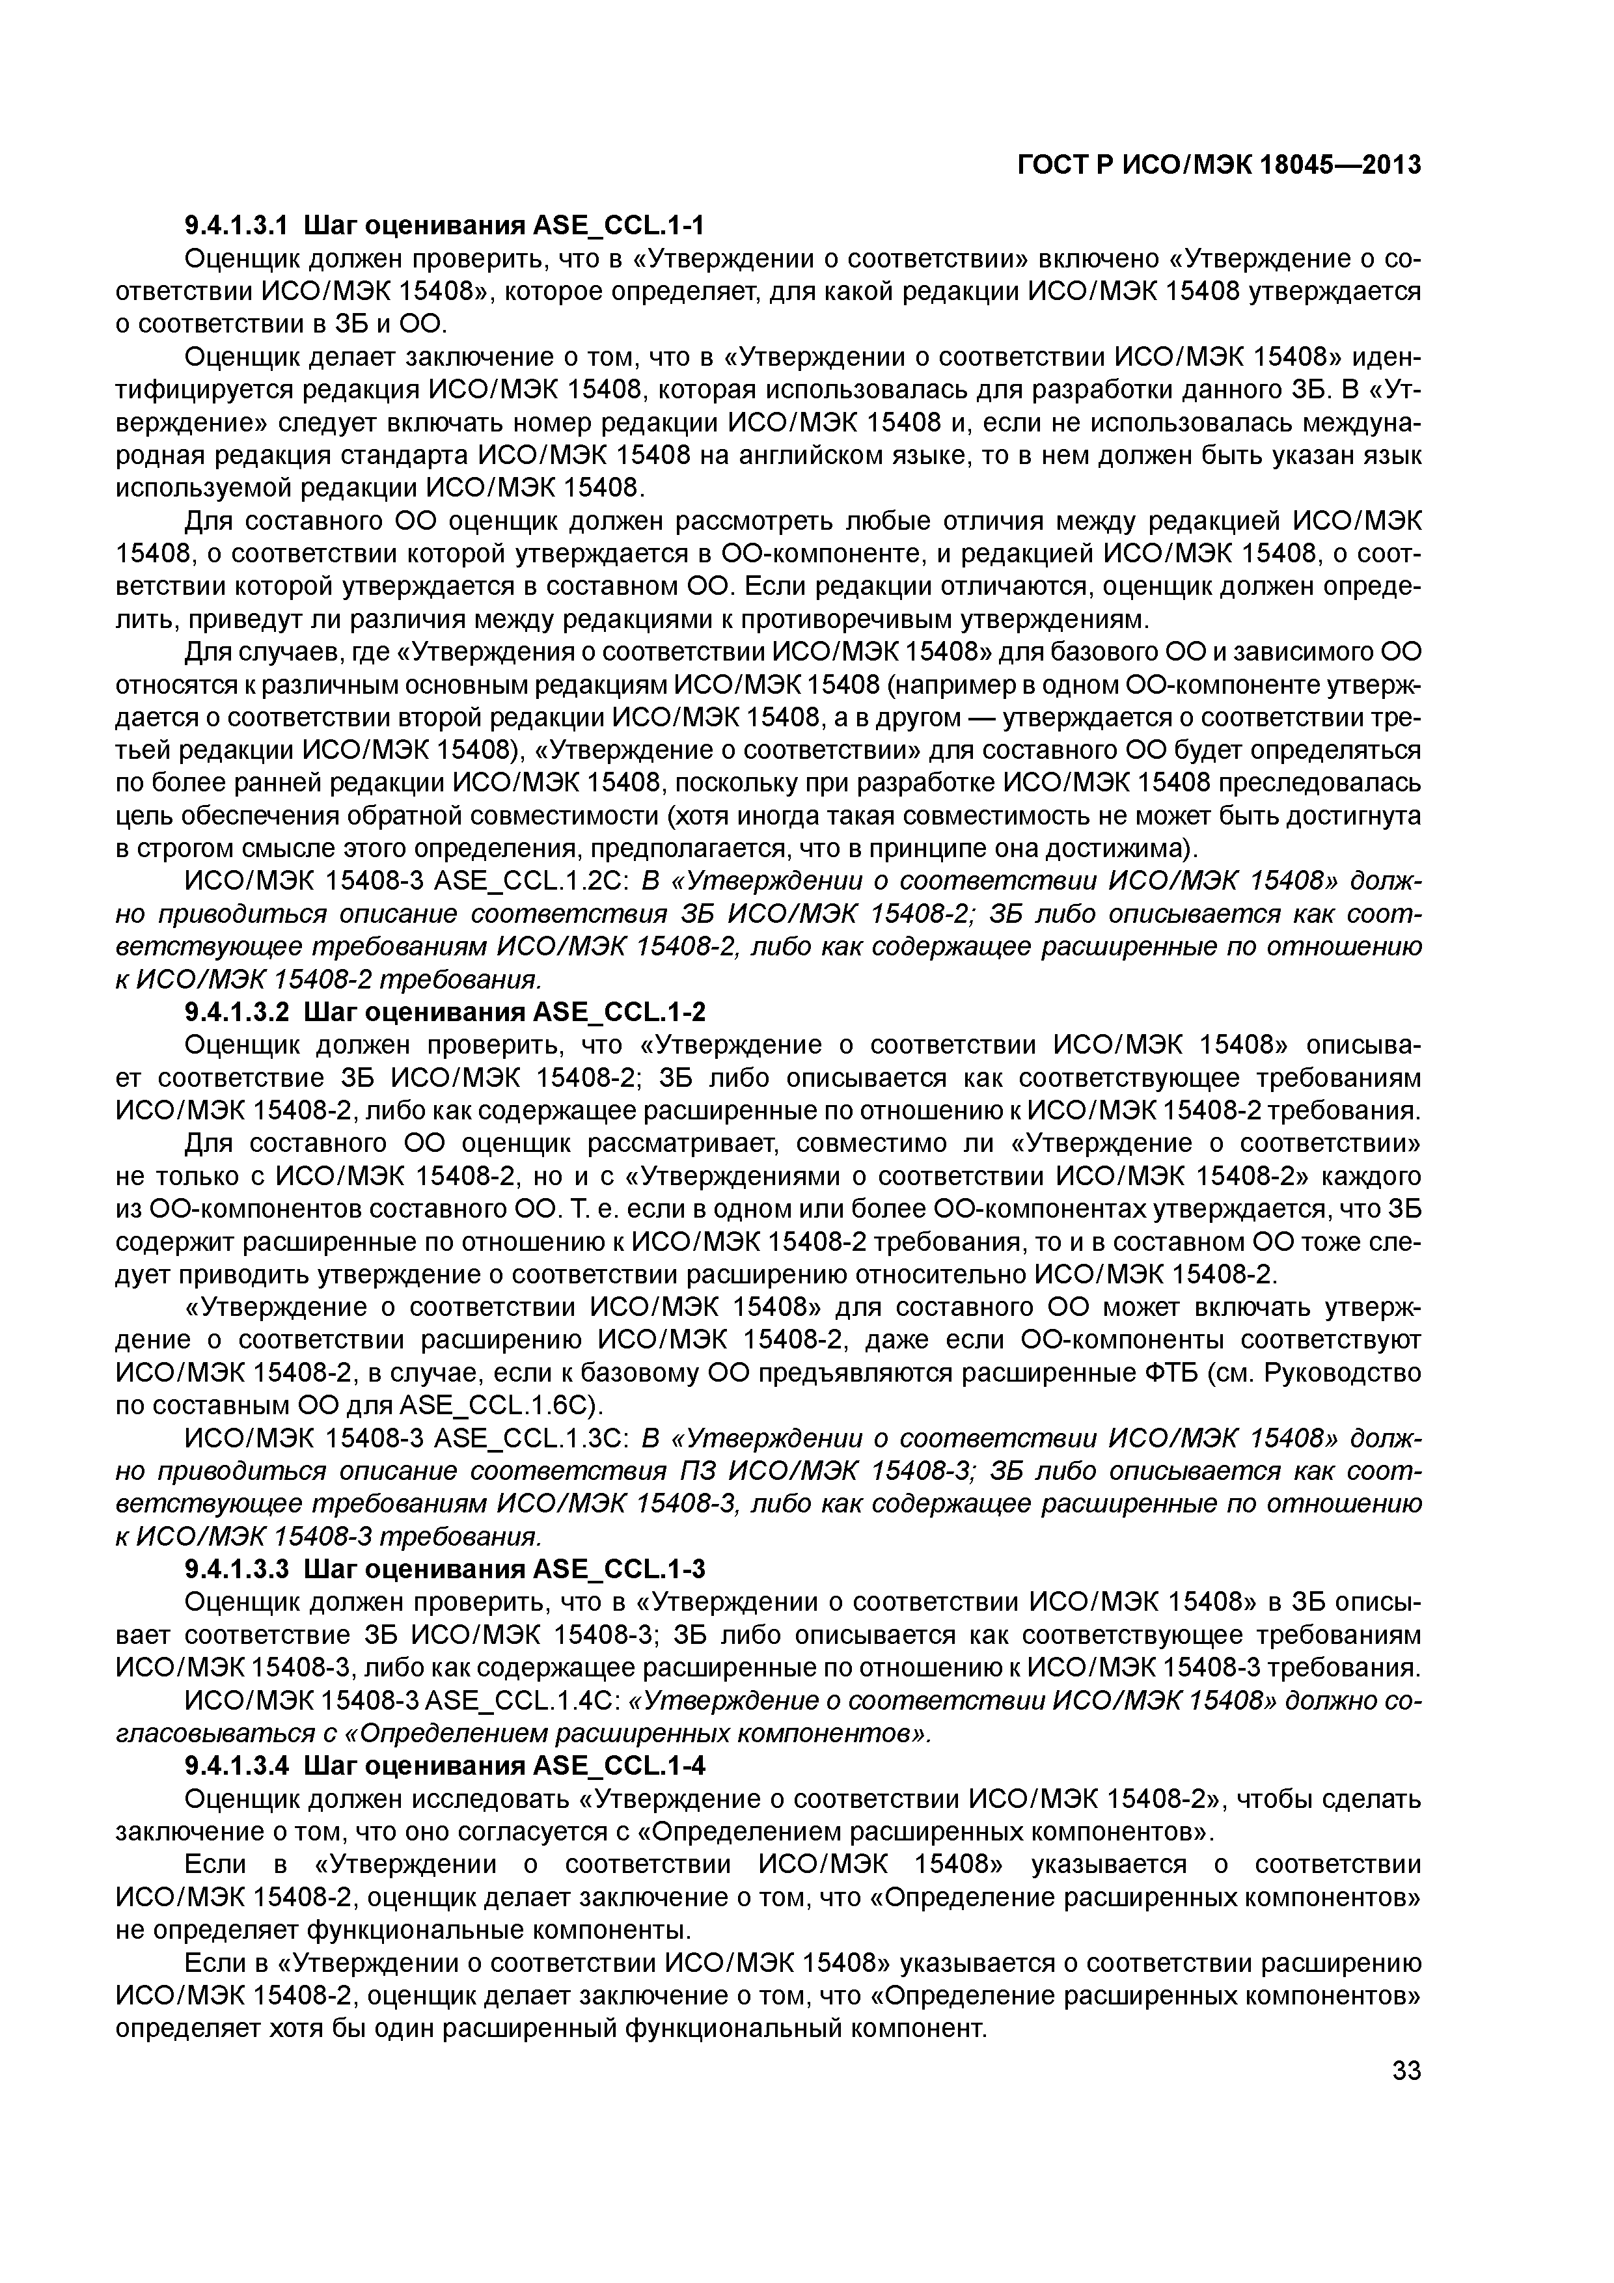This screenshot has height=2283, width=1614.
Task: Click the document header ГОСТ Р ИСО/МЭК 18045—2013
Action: [1218, 165]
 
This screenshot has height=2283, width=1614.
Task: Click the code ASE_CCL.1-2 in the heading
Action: [620, 1012]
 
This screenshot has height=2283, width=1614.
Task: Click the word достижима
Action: [1118, 849]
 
